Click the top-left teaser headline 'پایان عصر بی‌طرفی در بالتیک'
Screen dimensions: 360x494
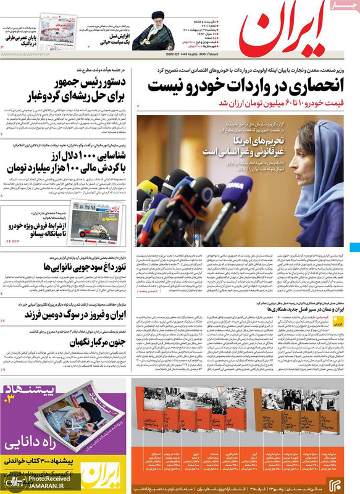point(22,40)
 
